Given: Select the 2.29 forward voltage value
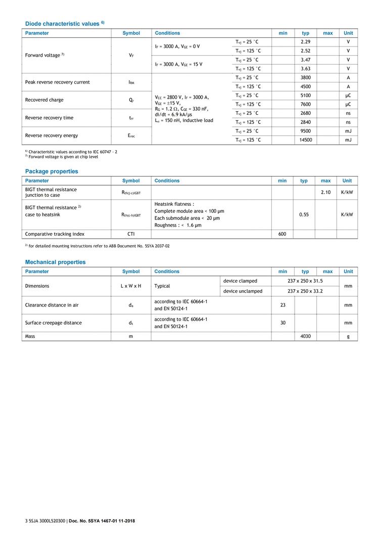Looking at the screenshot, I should (x=305, y=42).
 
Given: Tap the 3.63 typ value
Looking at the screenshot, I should (x=305, y=69).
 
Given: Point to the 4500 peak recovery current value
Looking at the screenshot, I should (x=305, y=86).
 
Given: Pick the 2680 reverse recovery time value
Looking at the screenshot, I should (x=305, y=113).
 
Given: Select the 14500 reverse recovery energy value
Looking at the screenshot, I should (x=305, y=140).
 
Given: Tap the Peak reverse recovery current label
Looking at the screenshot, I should (x=57, y=82).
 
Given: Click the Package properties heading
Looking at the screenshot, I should (x=52, y=171).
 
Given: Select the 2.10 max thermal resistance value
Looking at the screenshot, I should (x=325, y=192).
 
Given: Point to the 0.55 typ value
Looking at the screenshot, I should (x=304, y=214).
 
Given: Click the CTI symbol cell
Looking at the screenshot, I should (x=131, y=234).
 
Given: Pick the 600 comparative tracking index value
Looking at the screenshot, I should (x=282, y=234).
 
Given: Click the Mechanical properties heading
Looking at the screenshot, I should (x=55, y=262).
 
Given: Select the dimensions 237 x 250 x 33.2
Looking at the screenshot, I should (x=305, y=291).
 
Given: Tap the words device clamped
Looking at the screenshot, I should (x=240, y=281).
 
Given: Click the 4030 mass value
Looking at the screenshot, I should (x=305, y=336).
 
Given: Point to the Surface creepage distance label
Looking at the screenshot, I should (x=53, y=323).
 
